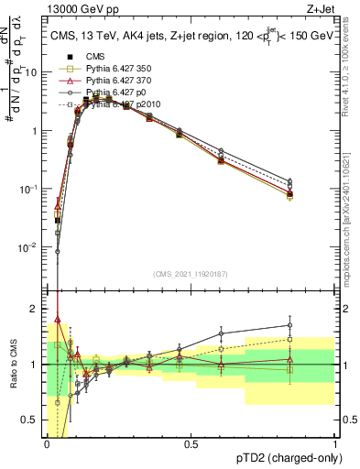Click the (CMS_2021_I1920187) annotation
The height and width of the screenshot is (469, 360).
191,274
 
